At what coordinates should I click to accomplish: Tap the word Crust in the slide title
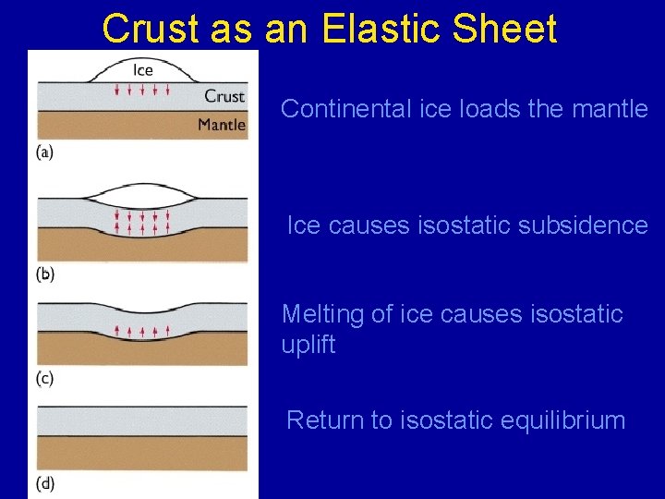coord(148,29)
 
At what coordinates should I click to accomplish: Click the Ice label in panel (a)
coord(143,70)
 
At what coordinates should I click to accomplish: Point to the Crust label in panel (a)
coord(224,95)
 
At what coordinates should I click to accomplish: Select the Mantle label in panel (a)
coord(222,125)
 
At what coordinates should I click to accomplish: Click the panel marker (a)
coord(44,152)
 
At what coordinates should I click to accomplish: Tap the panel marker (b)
coord(45,274)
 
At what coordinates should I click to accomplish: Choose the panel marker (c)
coord(44,378)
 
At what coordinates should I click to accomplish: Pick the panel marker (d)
coord(45,482)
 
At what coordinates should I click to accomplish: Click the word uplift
coord(308,346)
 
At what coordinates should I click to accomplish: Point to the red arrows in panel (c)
coord(141,330)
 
